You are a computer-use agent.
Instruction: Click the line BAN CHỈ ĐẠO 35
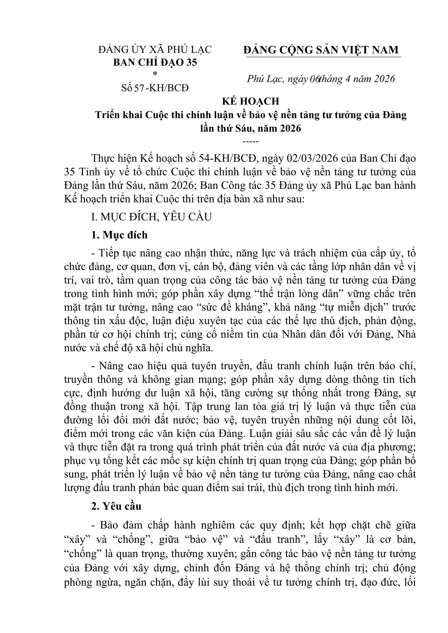click(x=155, y=63)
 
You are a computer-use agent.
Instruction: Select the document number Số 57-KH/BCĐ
click(x=155, y=88)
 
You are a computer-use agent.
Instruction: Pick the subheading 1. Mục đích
click(x=119, y=235)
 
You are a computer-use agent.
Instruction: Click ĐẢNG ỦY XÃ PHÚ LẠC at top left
click(x=155, y=50)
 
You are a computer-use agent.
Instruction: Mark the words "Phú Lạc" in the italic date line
click(x=264, y=79)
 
